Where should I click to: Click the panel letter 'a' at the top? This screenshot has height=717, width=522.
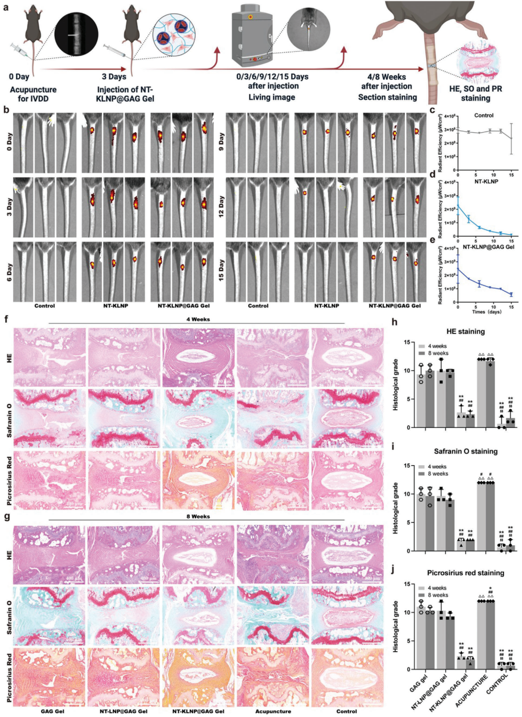tap(6, 8)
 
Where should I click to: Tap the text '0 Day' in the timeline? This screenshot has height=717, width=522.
tap(19, 76)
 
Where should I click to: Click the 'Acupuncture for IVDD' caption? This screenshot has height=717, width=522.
tap(33, 94)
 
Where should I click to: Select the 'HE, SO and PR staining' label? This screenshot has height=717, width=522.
tap(475, 93)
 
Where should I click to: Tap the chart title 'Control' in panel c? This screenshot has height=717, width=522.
tap(484, 115)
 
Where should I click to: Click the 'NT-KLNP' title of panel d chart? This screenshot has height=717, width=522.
tap(486, 181)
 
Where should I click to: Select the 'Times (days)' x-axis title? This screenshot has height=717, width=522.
tap(486, 312)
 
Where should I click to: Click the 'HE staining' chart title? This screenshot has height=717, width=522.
tap(465, 331)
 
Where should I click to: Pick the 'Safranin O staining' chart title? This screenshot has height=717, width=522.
tap(465, 451)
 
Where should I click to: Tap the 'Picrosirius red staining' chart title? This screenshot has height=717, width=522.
tap(465, 573)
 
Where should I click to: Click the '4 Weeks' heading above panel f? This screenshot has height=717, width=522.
tap(198, 319)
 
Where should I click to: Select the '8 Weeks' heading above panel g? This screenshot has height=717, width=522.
tap(198, 516)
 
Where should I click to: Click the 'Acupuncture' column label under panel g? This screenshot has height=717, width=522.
tap(273, 711)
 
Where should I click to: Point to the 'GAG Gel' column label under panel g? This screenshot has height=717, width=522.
tap(52, 711)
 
